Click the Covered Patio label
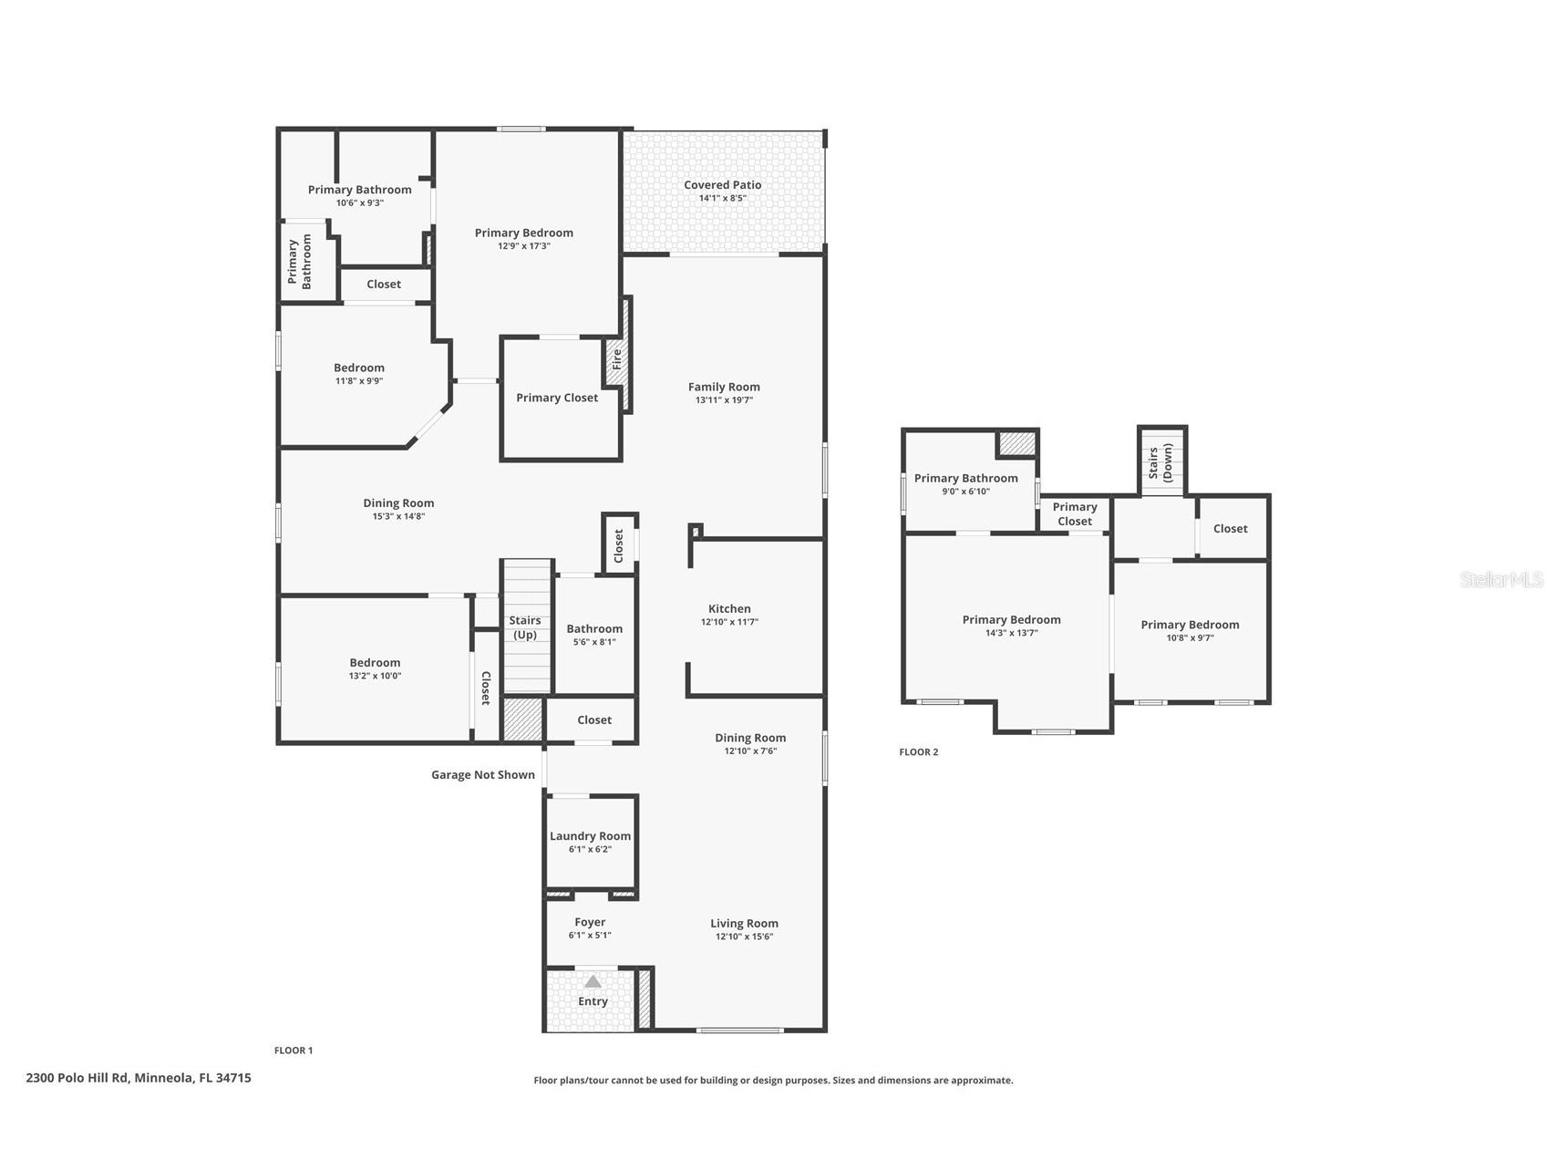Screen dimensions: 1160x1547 [x=722, y=185]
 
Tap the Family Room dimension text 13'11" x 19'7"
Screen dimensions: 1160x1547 [x=724, y=400]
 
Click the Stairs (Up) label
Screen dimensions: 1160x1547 [x=525, y=627]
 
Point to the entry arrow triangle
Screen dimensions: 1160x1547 [x=593, y=982]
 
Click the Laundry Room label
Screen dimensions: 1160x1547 [x=590, y=836]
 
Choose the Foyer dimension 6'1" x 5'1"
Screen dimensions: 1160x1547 [x=590, y=936]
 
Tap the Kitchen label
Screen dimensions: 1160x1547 [x=729, y=609]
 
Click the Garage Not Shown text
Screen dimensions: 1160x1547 [x=483, y=775]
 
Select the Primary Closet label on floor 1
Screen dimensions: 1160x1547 [x=557, y=398]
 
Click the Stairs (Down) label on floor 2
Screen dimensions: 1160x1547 [x=1160, y=462]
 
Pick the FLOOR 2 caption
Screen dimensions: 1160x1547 [x=918, y=752]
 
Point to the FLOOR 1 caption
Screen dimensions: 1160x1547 [x=294, y=1051]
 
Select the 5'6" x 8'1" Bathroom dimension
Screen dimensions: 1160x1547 [x=594, y=642]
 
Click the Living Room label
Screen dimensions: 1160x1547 [x=744, y=924]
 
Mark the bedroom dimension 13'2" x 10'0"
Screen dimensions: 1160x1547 [x=375, y=677]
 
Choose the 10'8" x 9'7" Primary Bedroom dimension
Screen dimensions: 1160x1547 [x=1190, y=638]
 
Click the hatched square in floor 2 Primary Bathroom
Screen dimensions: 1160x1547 [x=1017, y=444]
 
